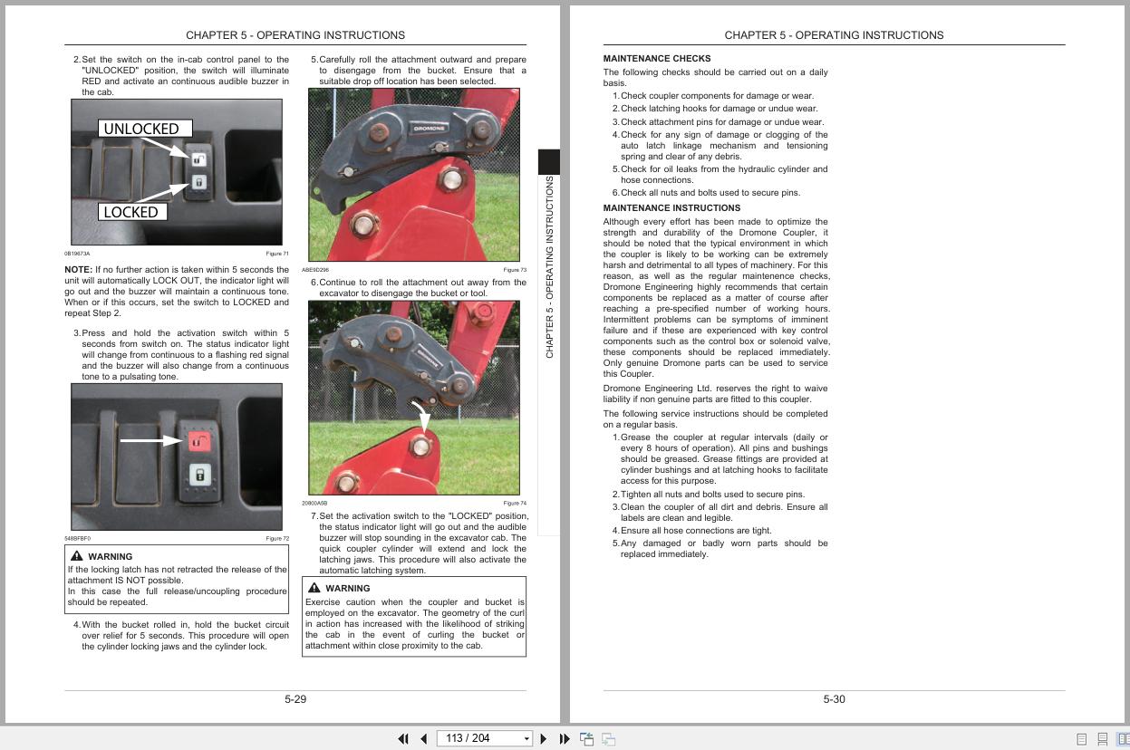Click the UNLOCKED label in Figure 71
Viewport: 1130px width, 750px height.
(144, 129)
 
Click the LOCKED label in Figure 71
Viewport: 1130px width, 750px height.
(132, 212)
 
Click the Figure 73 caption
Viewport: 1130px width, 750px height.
(514, 270)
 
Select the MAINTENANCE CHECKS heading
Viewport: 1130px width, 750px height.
(656, 59)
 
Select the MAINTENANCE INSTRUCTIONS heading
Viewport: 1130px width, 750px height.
(671, 208)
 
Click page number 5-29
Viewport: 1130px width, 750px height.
(295, 699)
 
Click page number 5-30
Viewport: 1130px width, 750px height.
(834, 699)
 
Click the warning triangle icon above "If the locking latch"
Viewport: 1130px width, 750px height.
(76, 556)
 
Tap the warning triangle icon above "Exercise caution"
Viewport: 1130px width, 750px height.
(314, 588)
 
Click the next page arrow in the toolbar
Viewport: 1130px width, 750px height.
(544, 739)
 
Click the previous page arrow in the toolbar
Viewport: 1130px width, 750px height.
(423, 739)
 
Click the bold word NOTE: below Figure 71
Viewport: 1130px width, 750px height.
(78, 270)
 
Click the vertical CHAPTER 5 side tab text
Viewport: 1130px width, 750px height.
(549, 267)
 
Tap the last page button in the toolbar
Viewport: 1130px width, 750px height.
(565, 739)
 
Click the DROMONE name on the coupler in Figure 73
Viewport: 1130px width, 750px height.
(430, 129)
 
